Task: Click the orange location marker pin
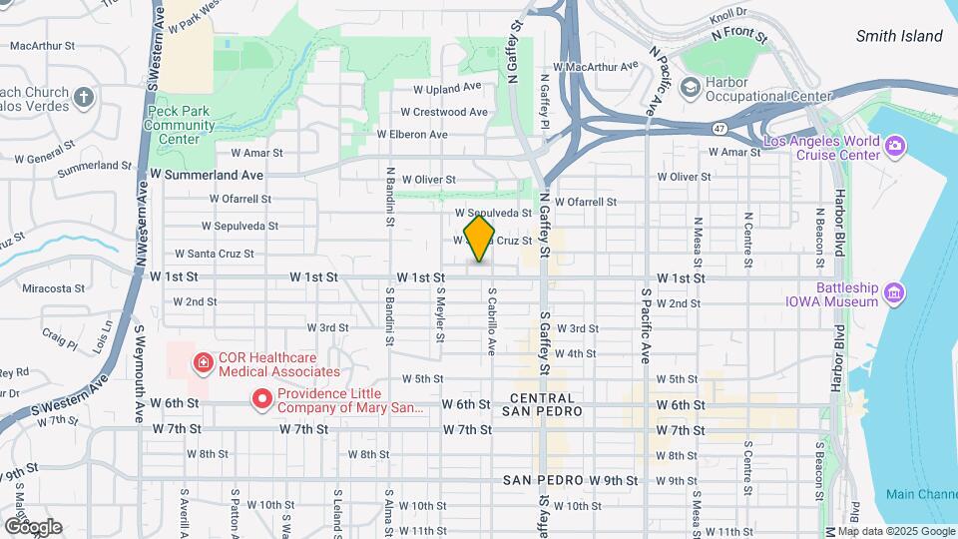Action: coord(479,239)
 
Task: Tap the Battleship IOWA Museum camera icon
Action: coord(894,293)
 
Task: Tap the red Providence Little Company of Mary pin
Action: coord(262,400)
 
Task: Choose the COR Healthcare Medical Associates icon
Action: coord(203,361)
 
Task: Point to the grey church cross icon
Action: coord(84,98)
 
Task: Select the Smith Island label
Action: coord(898,36)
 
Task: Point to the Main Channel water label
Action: coord(920,494)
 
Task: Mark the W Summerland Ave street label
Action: coord(207,174)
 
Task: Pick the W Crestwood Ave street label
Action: coord(444,112)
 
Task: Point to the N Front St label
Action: coord(739,35)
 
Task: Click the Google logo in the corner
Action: coord(32,526)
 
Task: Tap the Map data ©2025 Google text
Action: coord(895,531)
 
